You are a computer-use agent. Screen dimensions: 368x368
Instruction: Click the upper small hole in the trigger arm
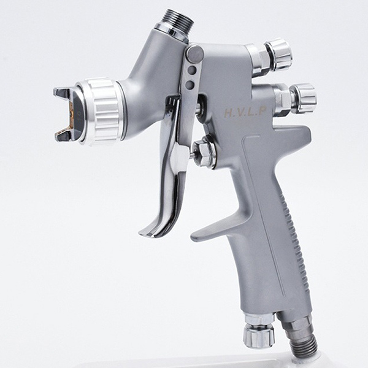point(192,71)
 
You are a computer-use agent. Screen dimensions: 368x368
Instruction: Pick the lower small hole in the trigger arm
point(191,84)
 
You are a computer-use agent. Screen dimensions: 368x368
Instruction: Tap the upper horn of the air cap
point(62,93)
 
